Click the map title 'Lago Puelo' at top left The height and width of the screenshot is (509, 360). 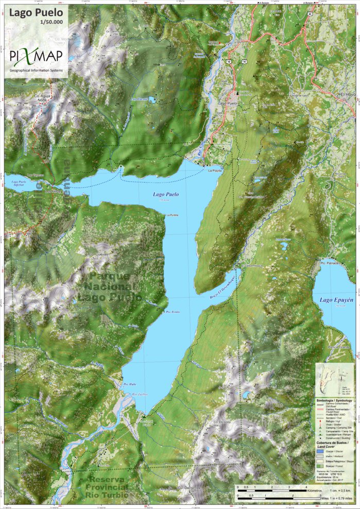[35, 12]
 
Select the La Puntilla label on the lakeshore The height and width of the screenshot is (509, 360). [172, 215]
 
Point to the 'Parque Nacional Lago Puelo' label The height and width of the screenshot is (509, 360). [109, 286]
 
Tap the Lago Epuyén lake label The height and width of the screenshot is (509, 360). [334, 300]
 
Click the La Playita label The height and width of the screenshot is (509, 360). [215, 170]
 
